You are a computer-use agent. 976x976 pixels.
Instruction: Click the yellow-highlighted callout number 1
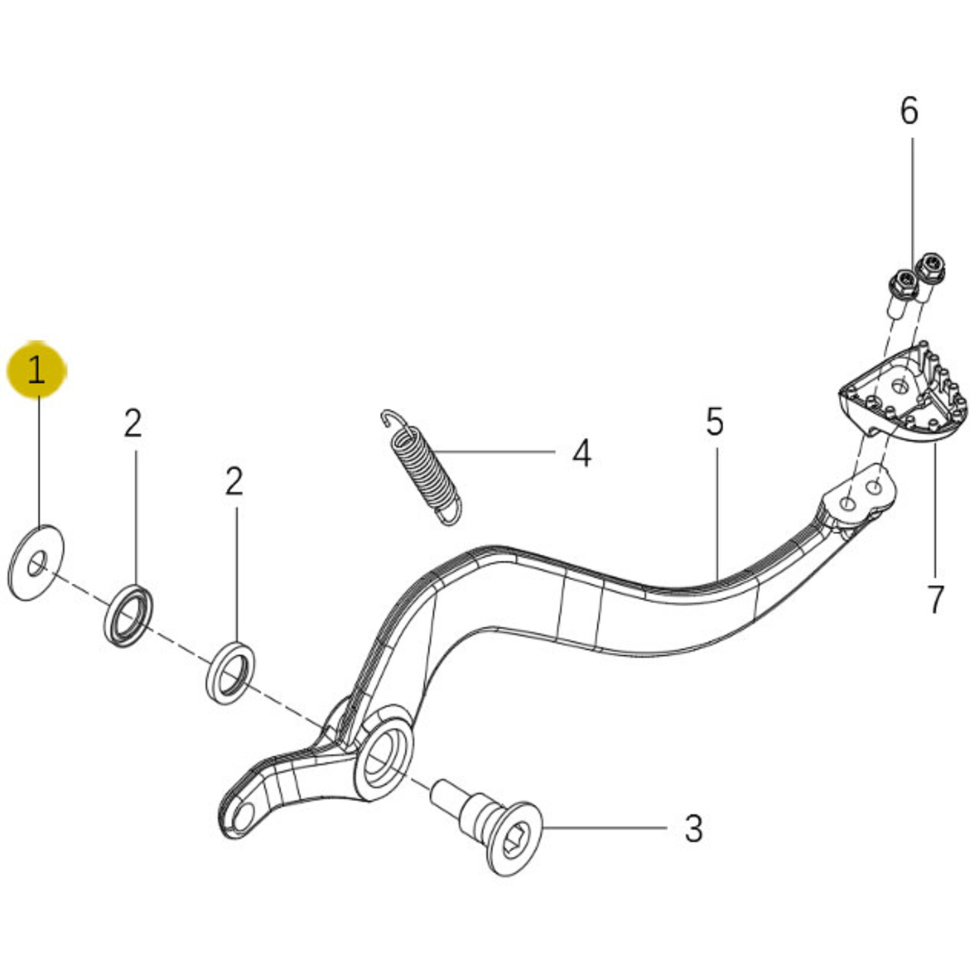coord(37,371)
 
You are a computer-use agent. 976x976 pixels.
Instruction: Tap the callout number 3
coord(694,829)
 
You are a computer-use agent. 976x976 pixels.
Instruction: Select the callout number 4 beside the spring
coord(582,454)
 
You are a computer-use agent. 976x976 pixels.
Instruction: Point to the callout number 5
coord(715,422)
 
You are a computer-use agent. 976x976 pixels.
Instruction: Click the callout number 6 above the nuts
coord(909,111)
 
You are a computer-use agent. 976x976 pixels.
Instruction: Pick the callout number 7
coord(935,600)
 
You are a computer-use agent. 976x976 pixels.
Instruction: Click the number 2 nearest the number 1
coord(133,424)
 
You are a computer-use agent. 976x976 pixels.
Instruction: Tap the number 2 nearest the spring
coord(235,482)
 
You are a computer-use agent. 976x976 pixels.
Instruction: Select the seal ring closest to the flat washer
coord(129,616)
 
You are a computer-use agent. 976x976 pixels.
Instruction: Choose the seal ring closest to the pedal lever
coord(231,674)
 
